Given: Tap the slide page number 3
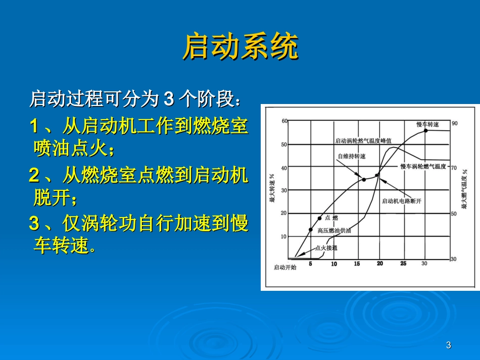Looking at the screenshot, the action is click(x=449, y=345).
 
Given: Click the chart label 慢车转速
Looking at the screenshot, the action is click(x=427, y=124).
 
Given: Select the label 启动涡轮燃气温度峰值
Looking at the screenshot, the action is click(x=363, y=141).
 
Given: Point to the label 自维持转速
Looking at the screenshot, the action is click(x=352, y=157).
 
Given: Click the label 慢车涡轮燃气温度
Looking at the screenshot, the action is click(x=423, y=167).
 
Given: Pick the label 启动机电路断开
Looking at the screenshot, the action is click(x=402, y=201).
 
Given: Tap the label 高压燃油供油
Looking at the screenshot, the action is click(x=334, y=231).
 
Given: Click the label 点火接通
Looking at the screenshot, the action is click(x=326, y=248).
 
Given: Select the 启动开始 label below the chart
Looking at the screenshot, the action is click(x=285, y=267).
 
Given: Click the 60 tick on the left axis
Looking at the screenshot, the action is click(x=284, y=121).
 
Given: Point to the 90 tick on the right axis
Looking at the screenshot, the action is click(x=455, y=123).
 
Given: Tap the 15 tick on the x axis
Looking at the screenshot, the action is click(x=357, y=264).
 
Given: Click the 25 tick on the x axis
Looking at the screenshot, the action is click(x=404, y=264).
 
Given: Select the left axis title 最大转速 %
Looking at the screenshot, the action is click(x=272, y=188).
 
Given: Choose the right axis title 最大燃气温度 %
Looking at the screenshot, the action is click(x=465, y=189).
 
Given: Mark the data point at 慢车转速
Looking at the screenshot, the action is click(x=426, y=131).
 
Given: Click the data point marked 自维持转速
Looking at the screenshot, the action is click(x=364, y=180).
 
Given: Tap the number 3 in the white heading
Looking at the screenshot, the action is click(x=169, y=99).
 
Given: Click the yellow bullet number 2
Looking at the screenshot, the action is click(x=34, y=175).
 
